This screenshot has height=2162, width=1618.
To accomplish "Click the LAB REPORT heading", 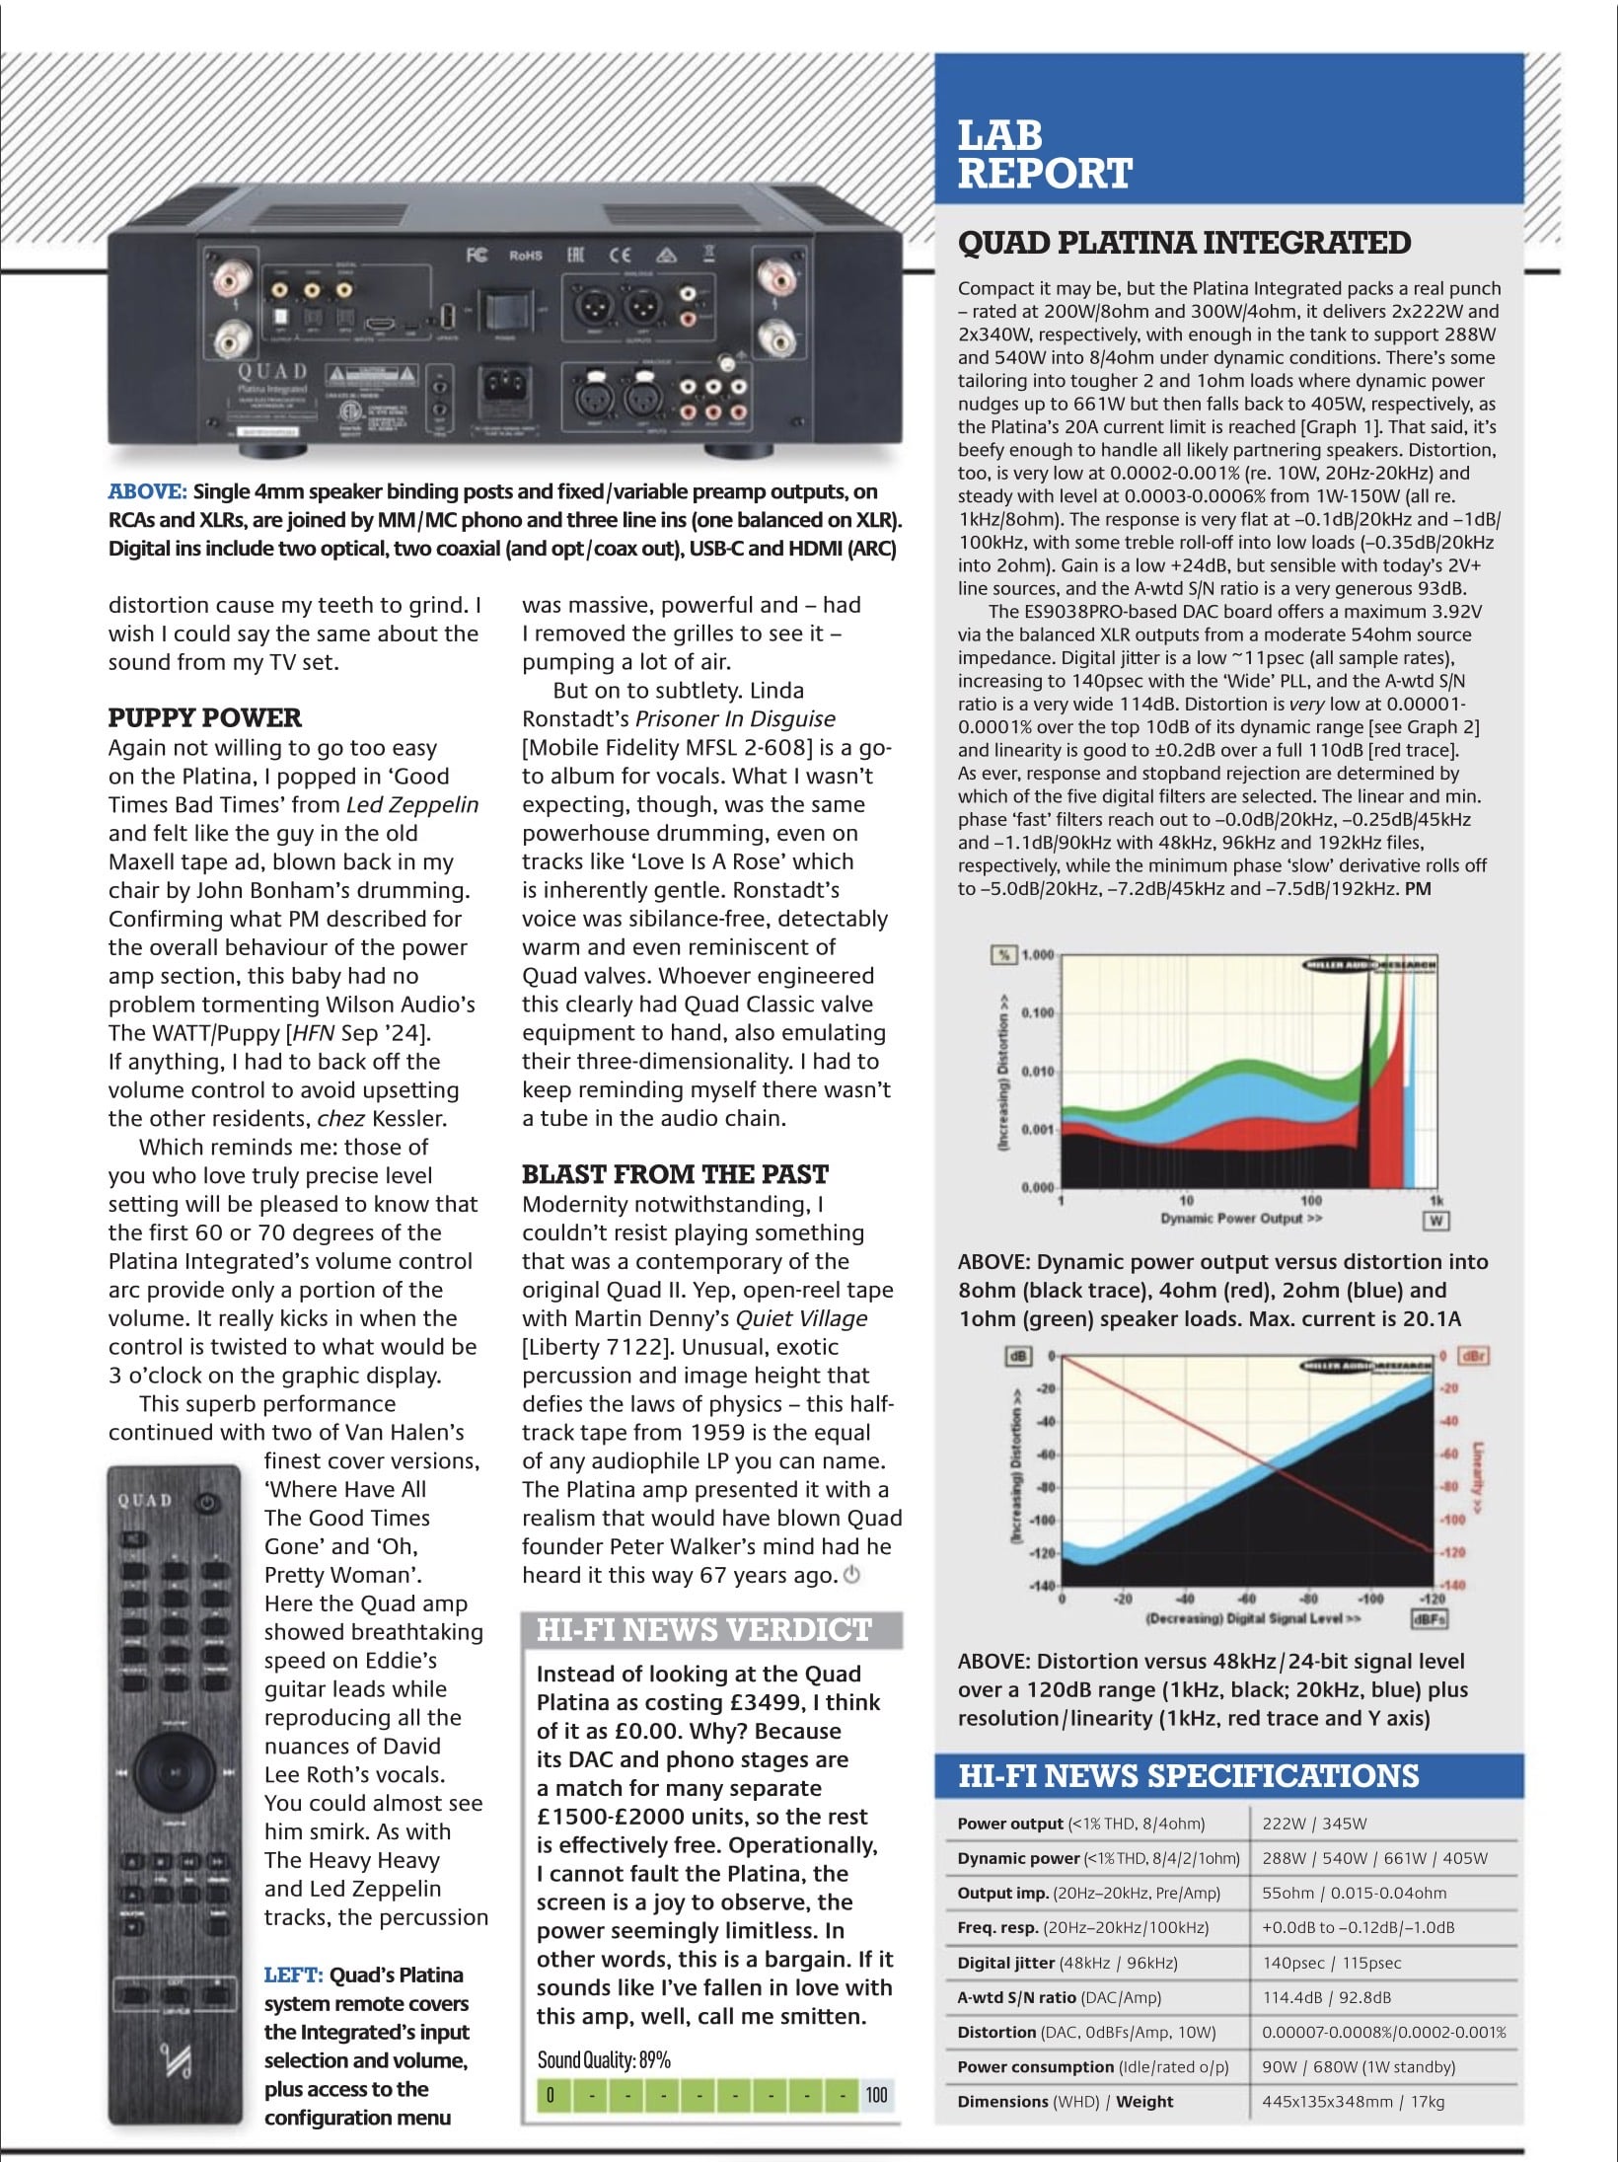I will [1044, 155].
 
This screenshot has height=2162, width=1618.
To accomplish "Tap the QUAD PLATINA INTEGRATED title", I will [1184, 243].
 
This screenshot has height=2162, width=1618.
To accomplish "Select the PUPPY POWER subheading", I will [204, 717].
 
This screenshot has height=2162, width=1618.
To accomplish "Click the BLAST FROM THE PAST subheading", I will [675, 1174].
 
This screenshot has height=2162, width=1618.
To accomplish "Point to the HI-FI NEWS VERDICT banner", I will [704, 1629].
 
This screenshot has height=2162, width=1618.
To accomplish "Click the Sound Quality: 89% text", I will [603, 2059].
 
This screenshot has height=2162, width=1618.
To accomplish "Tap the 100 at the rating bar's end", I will [876, 2095].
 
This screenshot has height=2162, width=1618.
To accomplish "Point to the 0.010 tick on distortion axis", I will [1037, 1072].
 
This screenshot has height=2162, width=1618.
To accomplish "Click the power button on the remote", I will [204, 1503].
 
